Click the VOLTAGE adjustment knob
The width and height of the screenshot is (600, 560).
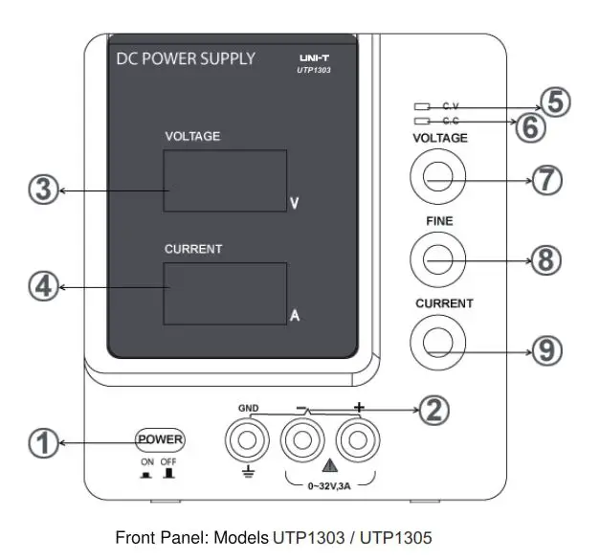437,178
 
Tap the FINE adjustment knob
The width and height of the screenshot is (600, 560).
437,258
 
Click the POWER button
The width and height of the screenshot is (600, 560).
160,439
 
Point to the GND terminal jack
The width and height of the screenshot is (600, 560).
248,440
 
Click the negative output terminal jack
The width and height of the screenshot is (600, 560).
302,440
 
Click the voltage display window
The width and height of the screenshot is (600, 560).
225,180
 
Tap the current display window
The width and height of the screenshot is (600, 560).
225,293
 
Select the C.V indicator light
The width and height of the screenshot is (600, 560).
421,106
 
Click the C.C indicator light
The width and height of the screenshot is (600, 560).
421,122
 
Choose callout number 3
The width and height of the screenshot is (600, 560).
41,190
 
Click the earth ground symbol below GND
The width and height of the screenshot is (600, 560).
248,470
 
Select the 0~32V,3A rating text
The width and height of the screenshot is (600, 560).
329,486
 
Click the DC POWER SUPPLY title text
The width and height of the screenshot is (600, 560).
186,58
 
